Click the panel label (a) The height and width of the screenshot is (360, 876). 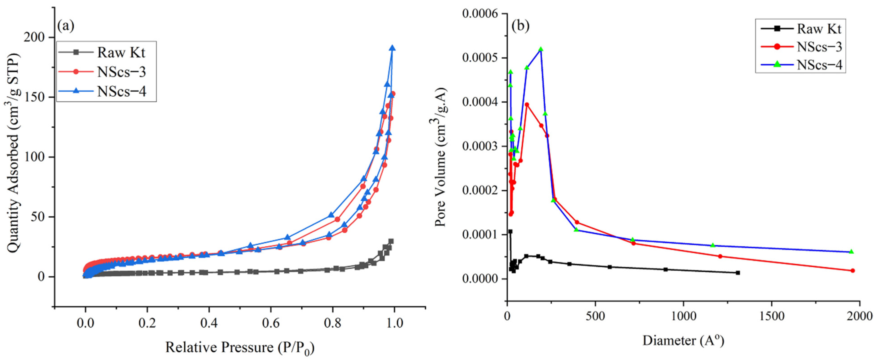click(66, 26)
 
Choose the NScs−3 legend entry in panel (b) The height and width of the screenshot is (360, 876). click(819, 47)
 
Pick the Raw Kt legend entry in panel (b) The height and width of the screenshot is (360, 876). click(819, 29)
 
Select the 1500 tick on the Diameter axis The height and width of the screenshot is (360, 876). click(772, 316)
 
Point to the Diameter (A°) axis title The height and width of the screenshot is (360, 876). click(683, 341)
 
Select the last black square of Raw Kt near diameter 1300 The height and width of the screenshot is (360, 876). click(738, 273)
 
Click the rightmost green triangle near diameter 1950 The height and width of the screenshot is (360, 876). click(851, 251)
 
